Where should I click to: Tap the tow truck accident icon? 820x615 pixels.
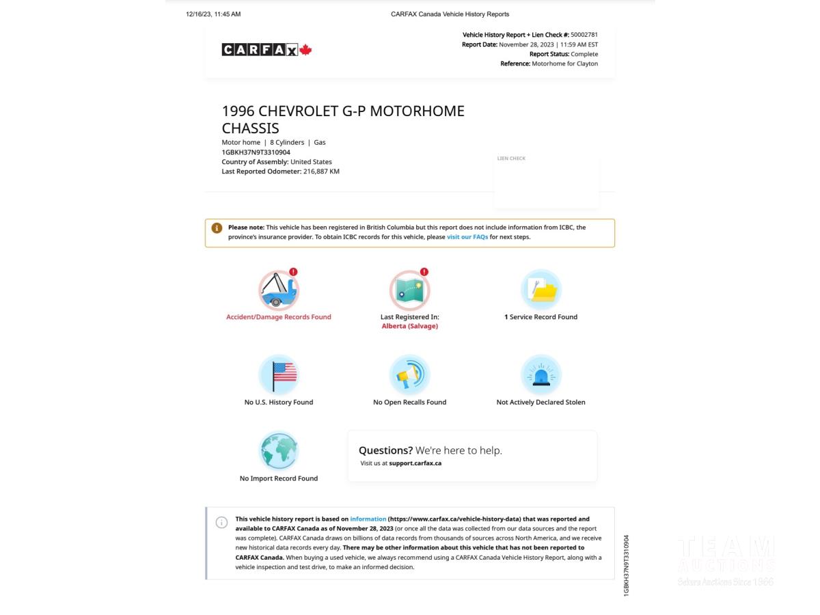[x=279, y=290]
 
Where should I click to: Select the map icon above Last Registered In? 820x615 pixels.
[x=409, y=290]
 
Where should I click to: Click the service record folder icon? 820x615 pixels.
[x=541, y=290]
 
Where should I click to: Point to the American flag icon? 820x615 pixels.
[x=279, y=374]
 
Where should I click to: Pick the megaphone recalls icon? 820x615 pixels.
[x=409, y=374]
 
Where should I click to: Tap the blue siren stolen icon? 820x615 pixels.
[x=541, y=374]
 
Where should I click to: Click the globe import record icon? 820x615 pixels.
[x=279, y=451]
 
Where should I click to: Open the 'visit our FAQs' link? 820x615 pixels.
[x=467, y=237]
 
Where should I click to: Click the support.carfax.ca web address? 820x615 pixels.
[x=415, y=463]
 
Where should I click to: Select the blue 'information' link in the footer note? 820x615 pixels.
[x=368, y=519]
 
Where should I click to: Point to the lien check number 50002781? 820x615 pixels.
[x=584, y=35]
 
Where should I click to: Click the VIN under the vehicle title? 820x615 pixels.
[x=256, y=152]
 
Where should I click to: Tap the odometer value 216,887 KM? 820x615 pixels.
[x=321, y=172]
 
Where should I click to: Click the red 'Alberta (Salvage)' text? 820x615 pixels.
[x=409, y=326]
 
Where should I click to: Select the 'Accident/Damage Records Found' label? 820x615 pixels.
[x=279, y=317]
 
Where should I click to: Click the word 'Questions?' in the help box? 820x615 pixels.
[x=385, y=450]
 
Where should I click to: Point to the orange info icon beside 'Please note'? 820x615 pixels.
[x=217, y=228]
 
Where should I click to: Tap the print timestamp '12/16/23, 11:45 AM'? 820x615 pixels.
[x=213, y=14]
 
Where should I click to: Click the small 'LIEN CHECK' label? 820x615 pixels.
[x=511, y=159]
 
